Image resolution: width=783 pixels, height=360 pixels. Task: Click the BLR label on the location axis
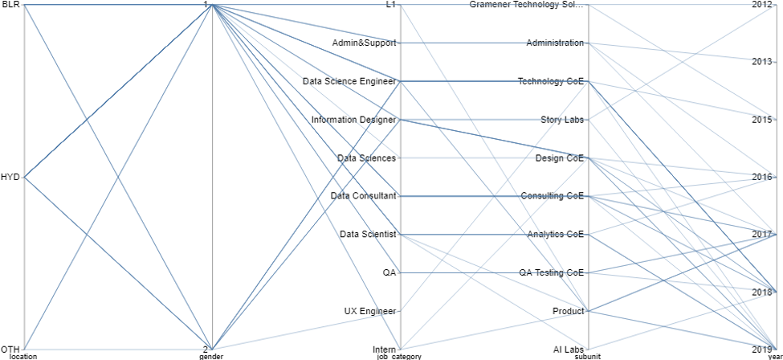10,5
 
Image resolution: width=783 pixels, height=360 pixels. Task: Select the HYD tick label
10,177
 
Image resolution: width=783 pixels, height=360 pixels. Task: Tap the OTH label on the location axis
10,349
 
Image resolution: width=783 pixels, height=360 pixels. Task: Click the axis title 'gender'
211,356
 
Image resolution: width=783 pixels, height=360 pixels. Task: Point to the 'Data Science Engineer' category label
349,81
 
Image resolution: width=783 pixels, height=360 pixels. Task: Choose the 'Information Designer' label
353,120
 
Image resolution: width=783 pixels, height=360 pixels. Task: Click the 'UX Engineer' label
368,311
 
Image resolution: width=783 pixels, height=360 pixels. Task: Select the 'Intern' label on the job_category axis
384,350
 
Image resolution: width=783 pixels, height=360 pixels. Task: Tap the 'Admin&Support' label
364,43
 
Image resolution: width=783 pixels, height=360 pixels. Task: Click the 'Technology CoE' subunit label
551,81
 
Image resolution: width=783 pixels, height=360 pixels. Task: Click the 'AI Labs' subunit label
568,350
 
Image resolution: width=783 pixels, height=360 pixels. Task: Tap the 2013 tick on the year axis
762,62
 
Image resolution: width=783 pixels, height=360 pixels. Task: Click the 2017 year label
762,234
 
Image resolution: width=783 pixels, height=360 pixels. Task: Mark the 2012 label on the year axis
762,5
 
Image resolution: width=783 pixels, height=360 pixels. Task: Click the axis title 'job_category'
399,356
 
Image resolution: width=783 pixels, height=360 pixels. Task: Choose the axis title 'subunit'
589,356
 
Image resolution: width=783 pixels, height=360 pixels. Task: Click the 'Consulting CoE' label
552,196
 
